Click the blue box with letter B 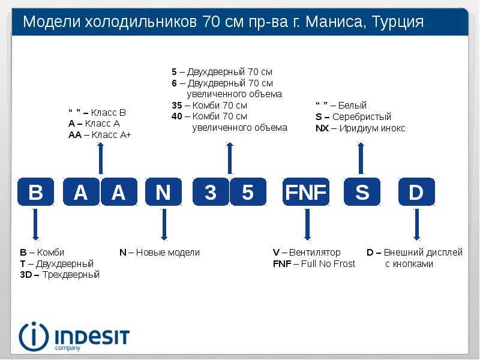click(35, 191)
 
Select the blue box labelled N click(163, 191)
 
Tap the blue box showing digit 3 click(211, 191)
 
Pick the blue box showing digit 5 click(248, 191)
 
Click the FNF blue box click(306, 191)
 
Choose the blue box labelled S click(362, 191)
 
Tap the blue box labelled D click(416, 191)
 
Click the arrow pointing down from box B click(35, 224)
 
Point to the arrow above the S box click(361, 158)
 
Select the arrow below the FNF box click(307, 224)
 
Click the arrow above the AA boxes click(100, 158)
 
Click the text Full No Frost click(328, 263)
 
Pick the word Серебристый click(362, 116)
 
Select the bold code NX click(322, 128)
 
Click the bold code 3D click(26, 275)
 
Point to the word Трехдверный click(71, 275)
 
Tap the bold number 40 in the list click(177, 116)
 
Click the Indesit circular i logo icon click(34, 337)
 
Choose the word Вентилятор click(314, 252)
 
